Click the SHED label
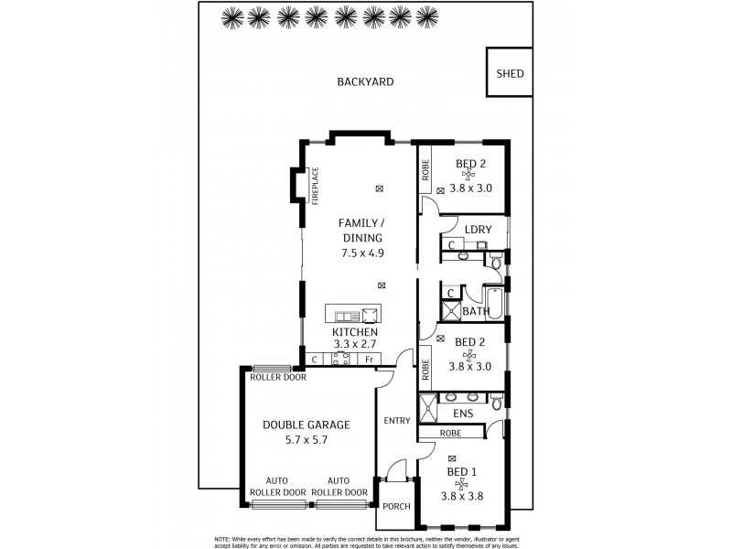tap(510, 73)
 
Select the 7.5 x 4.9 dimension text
tap(360, 253)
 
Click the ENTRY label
tap(396, 421)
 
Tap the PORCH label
tap(396, 506)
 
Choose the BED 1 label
tap(460, 471)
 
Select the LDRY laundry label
tap(478, 230)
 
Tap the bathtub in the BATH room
tap(494, 299)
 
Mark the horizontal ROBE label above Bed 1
tap(450, 433)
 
